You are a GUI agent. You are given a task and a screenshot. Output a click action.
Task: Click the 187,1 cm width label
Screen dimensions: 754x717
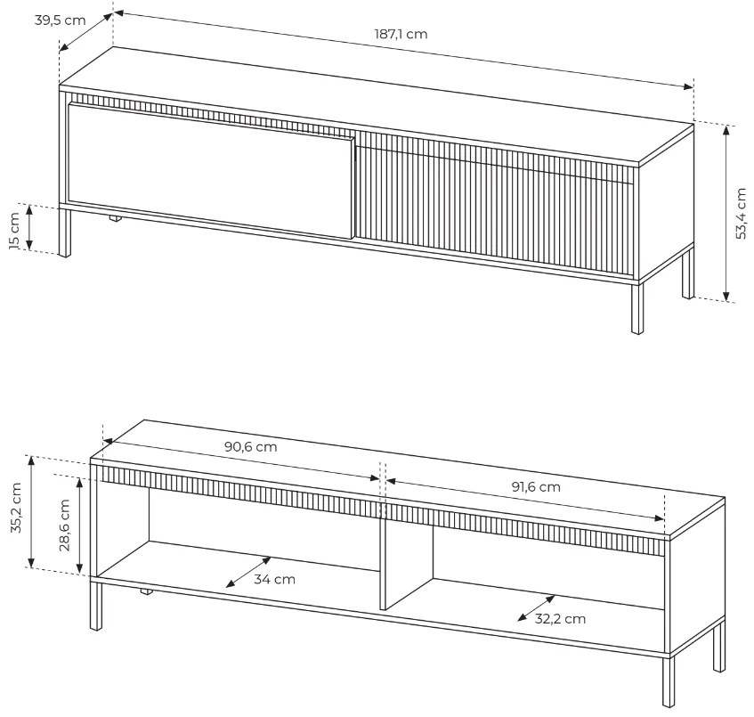(401, 34)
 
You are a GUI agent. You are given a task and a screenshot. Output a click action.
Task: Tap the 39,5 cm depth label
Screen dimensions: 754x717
(61, 20)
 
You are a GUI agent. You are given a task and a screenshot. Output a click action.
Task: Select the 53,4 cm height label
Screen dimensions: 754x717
(741, 213)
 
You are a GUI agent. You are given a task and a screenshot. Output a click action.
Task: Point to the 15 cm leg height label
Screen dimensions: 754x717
(14, 231)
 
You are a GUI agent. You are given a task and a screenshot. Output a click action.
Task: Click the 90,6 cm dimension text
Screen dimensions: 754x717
(250, 447)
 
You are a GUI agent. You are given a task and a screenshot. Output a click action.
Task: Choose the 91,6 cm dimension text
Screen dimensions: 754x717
(536, 487)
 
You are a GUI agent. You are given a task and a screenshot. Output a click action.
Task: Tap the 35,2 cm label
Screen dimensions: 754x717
(16, 508)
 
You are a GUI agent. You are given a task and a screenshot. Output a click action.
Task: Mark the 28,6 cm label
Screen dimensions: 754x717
(64, 525)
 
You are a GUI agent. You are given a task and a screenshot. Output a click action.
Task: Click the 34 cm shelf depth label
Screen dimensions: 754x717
(274, 579)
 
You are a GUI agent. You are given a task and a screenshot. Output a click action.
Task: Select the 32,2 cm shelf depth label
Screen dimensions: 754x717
(560, 618)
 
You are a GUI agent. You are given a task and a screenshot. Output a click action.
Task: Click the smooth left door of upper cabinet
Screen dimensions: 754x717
(212, 171)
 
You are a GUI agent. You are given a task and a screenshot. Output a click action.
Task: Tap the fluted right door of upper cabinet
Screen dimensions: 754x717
(495, 205)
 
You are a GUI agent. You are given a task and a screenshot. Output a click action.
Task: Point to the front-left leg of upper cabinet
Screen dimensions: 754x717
(64, 232)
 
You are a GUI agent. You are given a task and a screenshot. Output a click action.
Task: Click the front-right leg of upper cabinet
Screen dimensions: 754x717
(637, 308)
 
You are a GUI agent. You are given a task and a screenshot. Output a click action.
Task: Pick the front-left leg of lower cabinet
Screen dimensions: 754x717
(96, 606)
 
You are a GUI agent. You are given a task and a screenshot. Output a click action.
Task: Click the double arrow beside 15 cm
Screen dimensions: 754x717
(29, 227)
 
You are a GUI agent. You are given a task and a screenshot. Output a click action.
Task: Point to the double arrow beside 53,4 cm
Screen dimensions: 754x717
(726, 213)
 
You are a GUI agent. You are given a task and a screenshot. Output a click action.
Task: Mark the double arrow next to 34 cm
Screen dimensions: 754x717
(248, 572)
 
